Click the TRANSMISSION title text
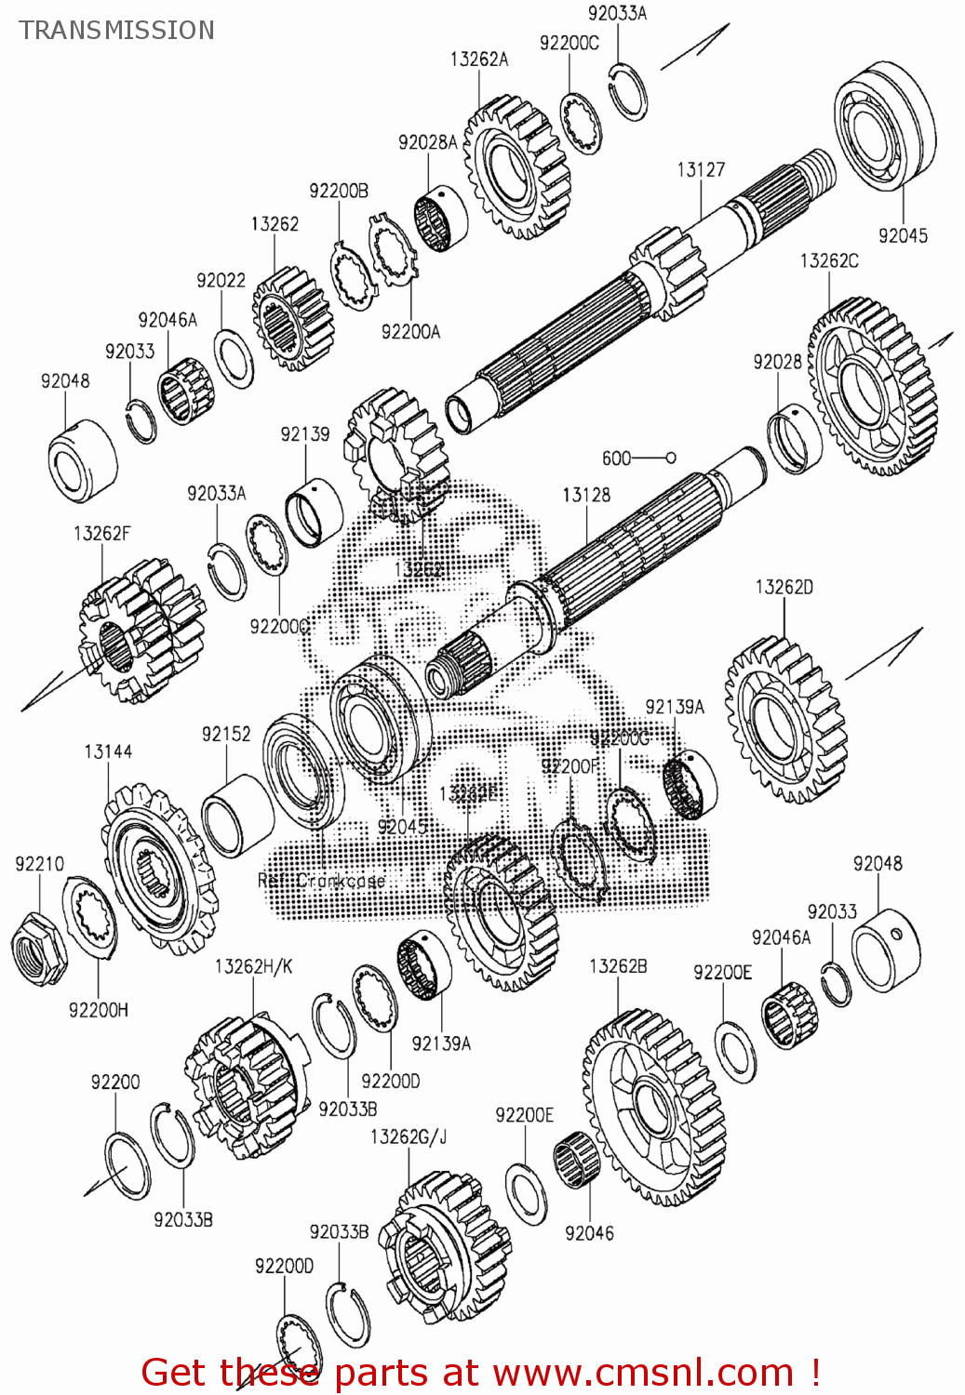(x=117, y=31)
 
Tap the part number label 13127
(x=700, y=169)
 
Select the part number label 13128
(x=586, y=495)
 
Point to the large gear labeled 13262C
(x=873, y=386)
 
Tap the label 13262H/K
(x=253, y=966)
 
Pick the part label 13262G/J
(x=409, y=1136)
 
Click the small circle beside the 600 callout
(x=671, y=458)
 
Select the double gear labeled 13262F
(x=140, y=631)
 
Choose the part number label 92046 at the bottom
(x=589, y=1233)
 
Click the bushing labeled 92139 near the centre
(x=314, y=513)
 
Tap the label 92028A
(x=427, y=142)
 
